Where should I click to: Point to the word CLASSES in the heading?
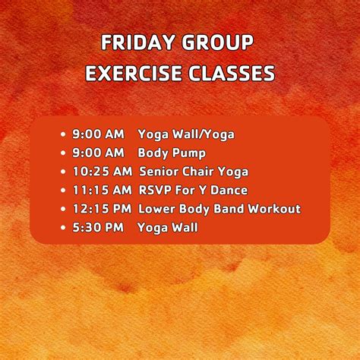[x=233, y=74]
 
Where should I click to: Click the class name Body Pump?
[x=172, y=153]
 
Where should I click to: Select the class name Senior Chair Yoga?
[x=194, y=172]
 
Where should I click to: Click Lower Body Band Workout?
[x=219, y=209]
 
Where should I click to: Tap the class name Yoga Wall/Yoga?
[x=186, y=134]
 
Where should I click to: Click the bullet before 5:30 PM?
[x=64, y=227]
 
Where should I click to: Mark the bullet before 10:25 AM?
[x=64, y=172]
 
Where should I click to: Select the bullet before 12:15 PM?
[x=64, y=209]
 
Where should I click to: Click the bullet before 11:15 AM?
[x=64, y=190]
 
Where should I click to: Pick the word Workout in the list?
[x=276, y=209]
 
